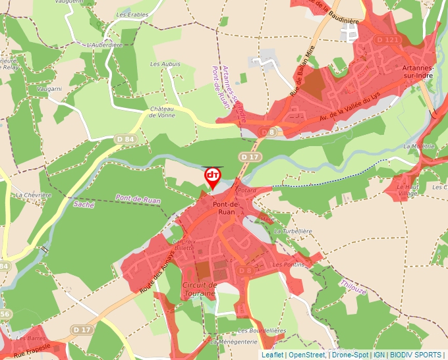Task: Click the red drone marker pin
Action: tap(213, 176)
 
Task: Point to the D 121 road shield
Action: tap(387, 40)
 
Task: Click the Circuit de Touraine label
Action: tap(198, 289)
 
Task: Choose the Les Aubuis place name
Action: tap(165, 64)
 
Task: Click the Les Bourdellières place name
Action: tap(262, 330)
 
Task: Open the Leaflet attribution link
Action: tap(272, 355)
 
